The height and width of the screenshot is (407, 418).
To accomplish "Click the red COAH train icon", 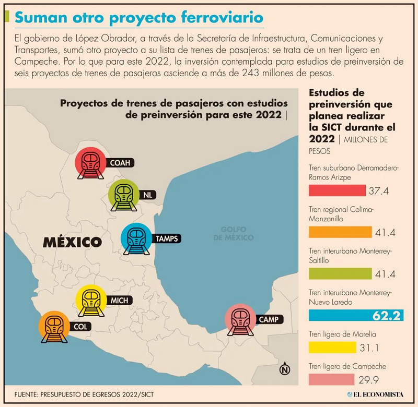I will (91, 163).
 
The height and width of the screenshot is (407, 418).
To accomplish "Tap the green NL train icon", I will (124, 195).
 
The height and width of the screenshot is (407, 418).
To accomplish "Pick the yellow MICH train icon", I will (91, 301).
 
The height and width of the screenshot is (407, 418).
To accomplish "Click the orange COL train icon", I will (54, 328).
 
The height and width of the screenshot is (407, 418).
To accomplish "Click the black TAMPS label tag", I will (167, 239).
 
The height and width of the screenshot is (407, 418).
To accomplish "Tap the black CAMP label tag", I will (269, 319).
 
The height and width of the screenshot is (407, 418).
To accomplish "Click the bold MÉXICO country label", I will (72, 242).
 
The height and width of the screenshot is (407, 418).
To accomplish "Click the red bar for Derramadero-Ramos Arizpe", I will (337, 190).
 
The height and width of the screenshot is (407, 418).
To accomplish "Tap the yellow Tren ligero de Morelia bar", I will (332, 346).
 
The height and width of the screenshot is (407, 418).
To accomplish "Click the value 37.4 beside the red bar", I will (379, 191).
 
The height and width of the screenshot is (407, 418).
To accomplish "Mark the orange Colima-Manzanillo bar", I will (340, 232).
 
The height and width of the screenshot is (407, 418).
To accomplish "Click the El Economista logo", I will (375, 394).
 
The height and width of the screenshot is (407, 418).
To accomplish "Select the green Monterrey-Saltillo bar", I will (340, 273).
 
